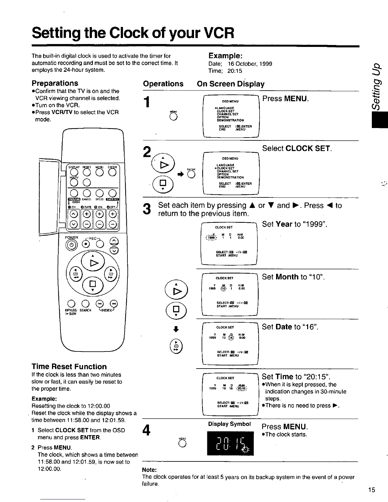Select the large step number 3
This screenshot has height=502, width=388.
pos(147,209)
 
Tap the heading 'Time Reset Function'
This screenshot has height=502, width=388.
pos(69,367)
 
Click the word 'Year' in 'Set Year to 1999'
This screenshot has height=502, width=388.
pos(284,224)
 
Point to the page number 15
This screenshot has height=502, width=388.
pos(372,490)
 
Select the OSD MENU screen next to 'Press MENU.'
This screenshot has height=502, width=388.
pos(231,116)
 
